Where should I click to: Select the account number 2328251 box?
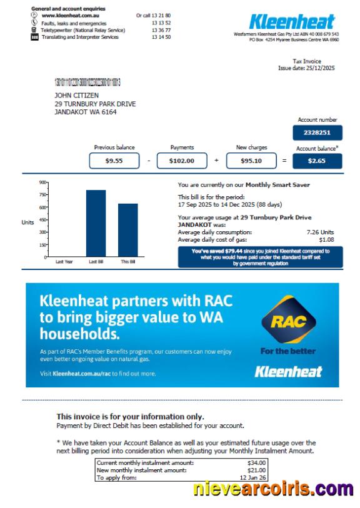(317, 132)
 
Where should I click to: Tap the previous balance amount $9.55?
(114, 161)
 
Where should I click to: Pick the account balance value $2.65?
(317, 161)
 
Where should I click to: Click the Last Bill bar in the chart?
(96, 223)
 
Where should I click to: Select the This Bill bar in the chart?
(127, 230)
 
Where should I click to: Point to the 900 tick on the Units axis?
(43, 182)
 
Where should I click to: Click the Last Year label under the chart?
(64, 261)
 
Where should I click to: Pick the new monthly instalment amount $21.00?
(257, 469)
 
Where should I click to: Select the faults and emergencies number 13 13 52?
(161, 22)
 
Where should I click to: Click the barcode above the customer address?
(87, 82)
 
